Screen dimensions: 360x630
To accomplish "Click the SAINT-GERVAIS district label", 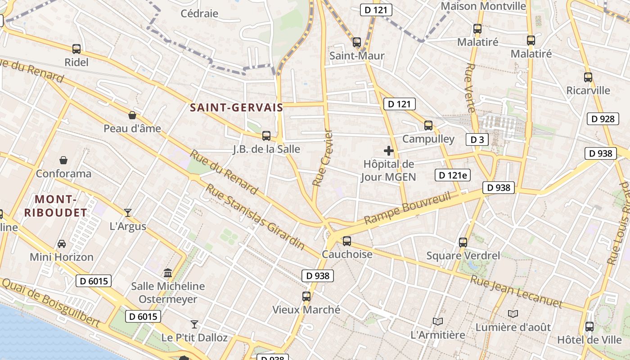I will (x=236, y=108).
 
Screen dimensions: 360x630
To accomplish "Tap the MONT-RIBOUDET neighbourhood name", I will (x=55, y=206).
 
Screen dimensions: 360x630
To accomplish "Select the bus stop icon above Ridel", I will (x=76, y=49).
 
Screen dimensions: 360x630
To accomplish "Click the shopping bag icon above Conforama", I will (x=63, y=160).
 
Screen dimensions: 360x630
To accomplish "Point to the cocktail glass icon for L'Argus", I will (x=128, y=212).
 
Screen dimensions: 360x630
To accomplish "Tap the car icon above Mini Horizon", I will (x=62, y=243).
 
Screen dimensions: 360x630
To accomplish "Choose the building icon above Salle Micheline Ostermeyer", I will (x=168, y=273).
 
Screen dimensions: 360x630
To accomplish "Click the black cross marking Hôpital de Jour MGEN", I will (x=389, y=151).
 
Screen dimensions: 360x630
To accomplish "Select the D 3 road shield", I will (x=477, y=139).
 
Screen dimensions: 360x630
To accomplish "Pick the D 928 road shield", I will (x=603, y=119).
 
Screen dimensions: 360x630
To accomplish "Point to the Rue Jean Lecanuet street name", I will (x=516, y=291).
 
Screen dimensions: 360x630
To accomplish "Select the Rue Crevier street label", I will (x=323, y=158).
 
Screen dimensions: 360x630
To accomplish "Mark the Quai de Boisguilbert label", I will (x=50, y=302).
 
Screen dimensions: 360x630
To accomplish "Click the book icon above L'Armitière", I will (x=437, y=321).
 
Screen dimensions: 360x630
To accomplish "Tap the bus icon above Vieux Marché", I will (x=306, y=296).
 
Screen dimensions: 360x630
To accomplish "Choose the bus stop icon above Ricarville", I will (x=588, y=77).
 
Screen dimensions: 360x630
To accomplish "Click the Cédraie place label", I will (x=199, y=13).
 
